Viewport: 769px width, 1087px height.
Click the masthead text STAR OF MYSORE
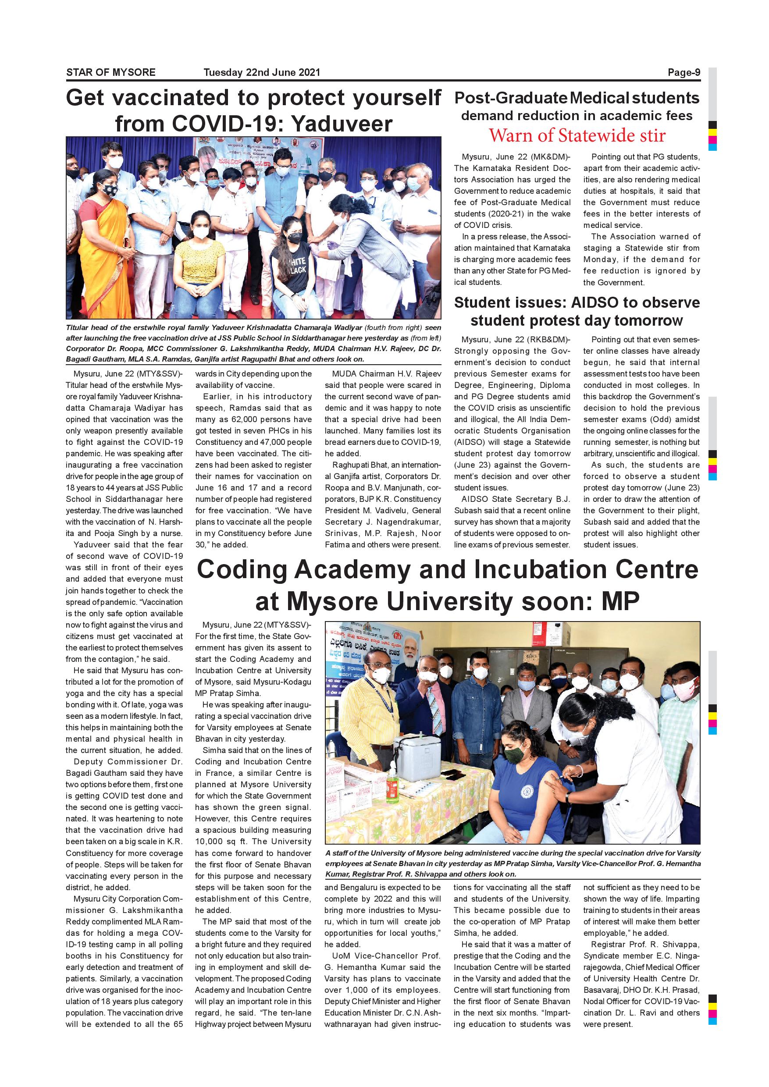click(x=111, y=72)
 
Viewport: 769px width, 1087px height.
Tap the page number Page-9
click(x=684, y=72)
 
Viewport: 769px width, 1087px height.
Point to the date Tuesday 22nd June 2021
click(x=261, y=72)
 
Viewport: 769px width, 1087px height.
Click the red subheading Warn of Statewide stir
click(x=577, y=136)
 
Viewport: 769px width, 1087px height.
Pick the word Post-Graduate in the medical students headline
click(x=510, y=98)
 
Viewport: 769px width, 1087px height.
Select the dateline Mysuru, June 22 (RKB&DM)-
click(x=515, y=339)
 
